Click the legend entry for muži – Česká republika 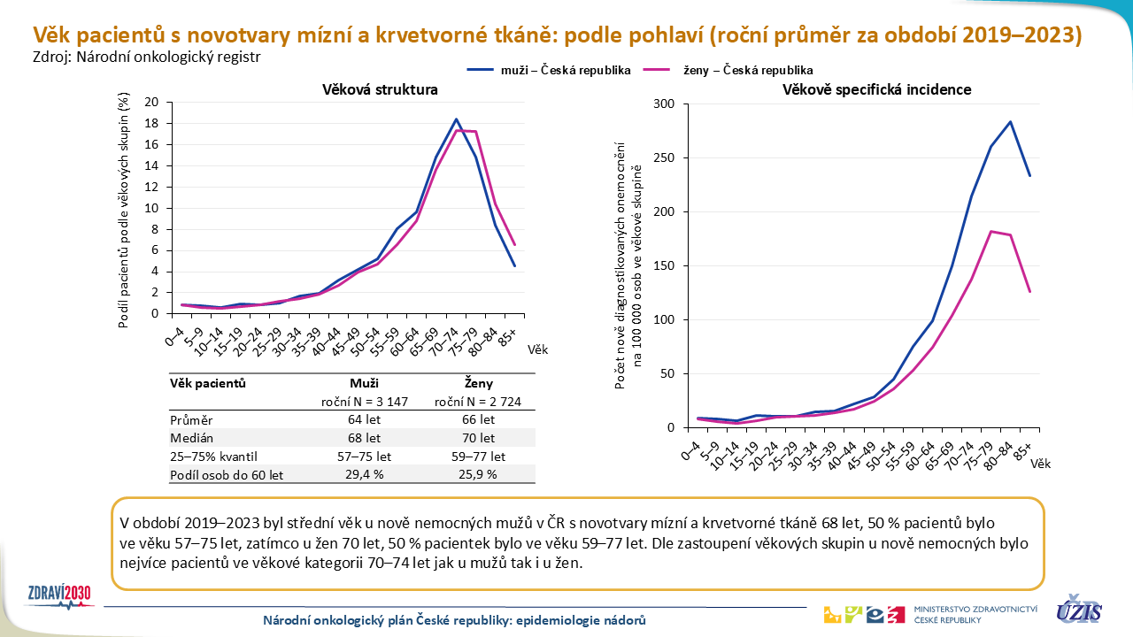pos(549,70)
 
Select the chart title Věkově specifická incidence pos(876,89)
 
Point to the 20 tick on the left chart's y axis pos(152,103)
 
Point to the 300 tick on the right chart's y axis pos(664,104)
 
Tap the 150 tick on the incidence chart pos(664,266)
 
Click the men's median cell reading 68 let pos(364,438)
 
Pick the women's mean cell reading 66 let pos(479,419)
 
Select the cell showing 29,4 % pos(364,475)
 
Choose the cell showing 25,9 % pos(479,475)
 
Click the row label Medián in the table pos(191,438)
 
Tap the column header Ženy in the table pos(479,384)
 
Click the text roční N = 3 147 pos(364,402)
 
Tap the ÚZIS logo pos(1079,610)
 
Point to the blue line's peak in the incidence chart pos(1010,122)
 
